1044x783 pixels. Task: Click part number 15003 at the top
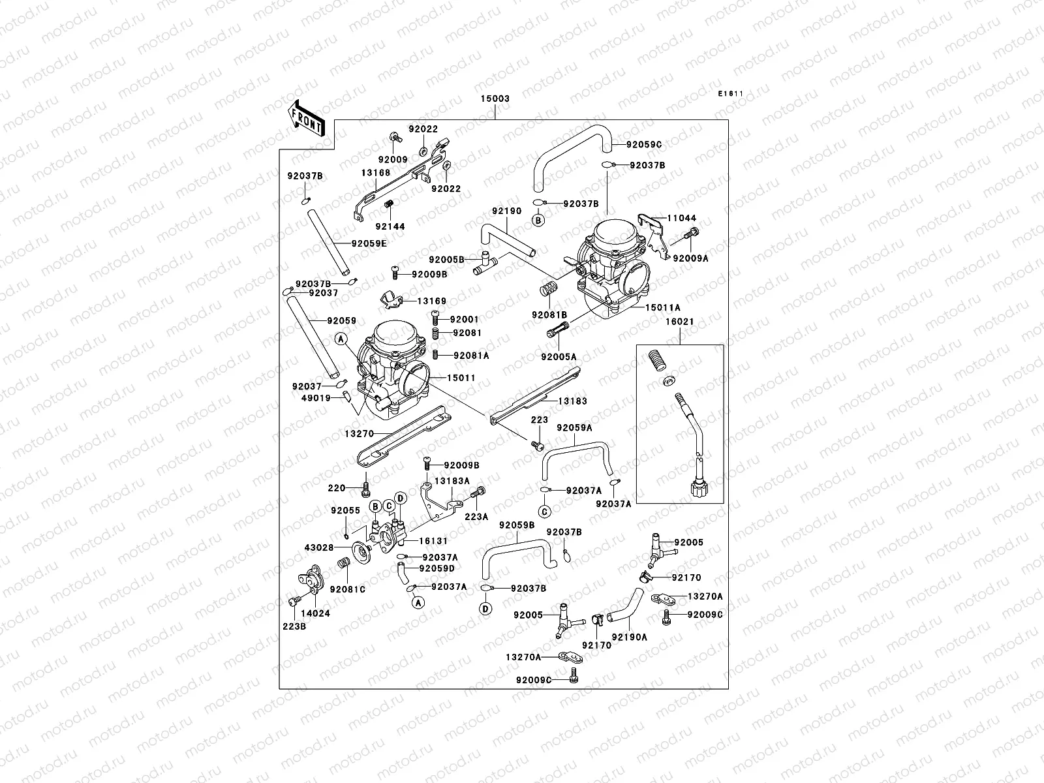click(495, 99)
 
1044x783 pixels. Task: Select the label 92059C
click(643, 145)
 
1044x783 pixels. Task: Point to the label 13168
click(376, 173)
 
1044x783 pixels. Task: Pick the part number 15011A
click(663, 307)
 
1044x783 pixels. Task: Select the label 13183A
click(452, 481)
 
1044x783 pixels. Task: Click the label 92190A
click(629, 637)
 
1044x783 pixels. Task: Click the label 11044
click(681, 219)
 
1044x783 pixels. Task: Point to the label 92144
click(390, 226)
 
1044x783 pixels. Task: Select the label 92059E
click(369, 244)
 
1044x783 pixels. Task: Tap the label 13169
click(432, 301)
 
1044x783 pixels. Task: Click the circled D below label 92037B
click(485, 609)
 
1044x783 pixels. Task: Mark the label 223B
click(294, 626)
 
